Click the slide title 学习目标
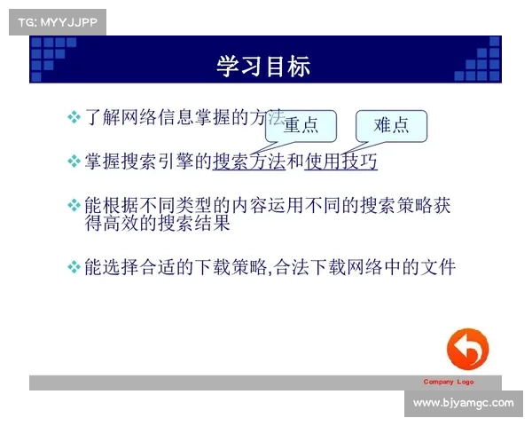tap(263, 67)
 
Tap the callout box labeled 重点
tap(301, 125)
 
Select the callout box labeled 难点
tap(391, 125)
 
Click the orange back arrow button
tap(467, 350)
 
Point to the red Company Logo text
tap(448, 382)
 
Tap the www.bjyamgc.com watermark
tap(464, 403)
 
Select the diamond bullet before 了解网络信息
tap(74, 118)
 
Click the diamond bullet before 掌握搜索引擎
tap(74, 162)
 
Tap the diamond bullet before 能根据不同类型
tap(74, 206)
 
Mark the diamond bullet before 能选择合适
tap(74, 266)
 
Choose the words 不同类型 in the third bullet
tap(176, 206)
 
